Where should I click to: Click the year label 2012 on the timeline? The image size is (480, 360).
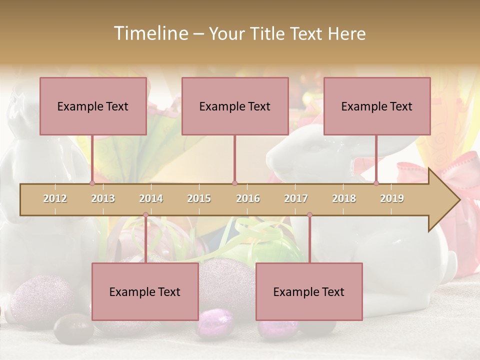55,198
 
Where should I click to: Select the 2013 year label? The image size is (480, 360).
103,198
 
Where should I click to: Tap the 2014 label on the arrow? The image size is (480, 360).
151,198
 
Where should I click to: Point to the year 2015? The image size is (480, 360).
199,198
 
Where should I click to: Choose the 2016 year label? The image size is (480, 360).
248,198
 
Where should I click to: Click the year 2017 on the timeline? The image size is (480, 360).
296,198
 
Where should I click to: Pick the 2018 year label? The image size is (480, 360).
344,198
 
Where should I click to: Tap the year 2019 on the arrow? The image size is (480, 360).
392,198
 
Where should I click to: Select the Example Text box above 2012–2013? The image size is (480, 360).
93,106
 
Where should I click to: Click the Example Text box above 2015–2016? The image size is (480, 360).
235,106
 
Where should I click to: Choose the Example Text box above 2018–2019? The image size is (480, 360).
377,106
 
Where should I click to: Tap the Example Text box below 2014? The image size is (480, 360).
145,291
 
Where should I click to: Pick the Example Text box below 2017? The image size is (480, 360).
309,291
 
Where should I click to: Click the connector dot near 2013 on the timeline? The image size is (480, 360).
92,183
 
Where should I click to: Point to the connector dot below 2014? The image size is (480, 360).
145,215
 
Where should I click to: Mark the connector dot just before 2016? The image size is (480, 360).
234,183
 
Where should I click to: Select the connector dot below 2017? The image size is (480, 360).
309,215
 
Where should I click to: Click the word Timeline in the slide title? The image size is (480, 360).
150,33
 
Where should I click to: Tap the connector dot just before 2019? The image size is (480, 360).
376,183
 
